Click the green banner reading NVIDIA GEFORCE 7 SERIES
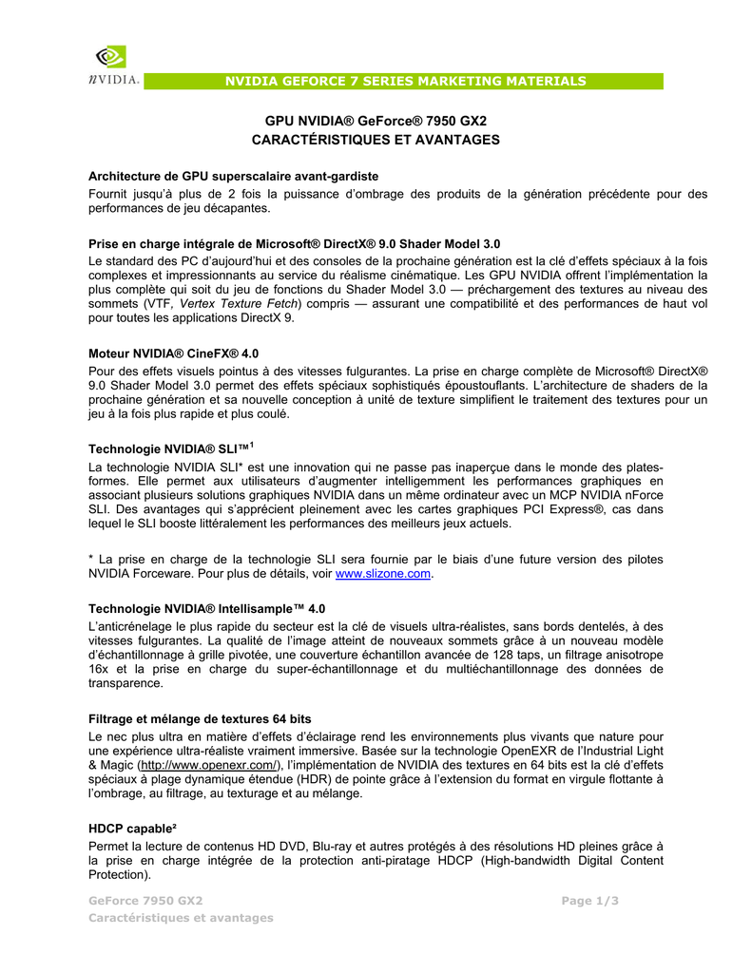pos(405,82)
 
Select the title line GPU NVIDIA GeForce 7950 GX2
pos(376,122)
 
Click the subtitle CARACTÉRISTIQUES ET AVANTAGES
pos(376,140)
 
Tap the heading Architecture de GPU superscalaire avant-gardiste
pos(234,176)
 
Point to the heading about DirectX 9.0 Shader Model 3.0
pos(295,243)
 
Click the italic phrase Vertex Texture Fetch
pos(245,303)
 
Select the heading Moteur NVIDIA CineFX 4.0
pos(174,353)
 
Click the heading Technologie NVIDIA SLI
pos(171,448)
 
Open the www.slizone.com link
pos(384,575)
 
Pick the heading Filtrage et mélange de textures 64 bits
pos(200,718)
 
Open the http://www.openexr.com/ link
pos(209,765)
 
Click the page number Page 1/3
pos(589,901)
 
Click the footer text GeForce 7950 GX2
pos(145,901)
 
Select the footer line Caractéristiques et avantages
pos(181,918)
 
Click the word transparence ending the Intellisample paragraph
pos(125,683)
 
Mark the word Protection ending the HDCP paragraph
pos(118,874)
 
